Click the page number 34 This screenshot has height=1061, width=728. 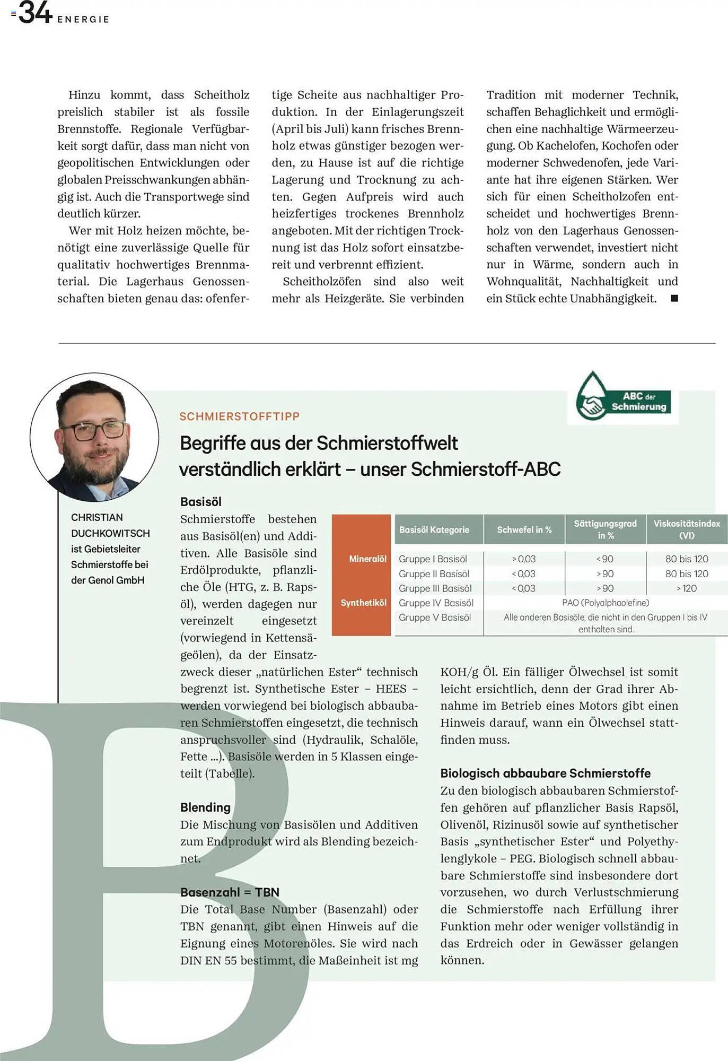point(35,13)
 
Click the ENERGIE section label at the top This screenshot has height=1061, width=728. point(83,20)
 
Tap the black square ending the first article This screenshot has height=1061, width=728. point(674,298)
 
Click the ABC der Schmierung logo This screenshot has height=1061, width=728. point(622,399)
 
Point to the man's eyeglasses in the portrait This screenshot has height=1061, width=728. point(94,430)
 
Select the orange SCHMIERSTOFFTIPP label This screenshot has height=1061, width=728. point(239,416)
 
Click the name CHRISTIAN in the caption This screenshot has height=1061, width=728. point(97,517)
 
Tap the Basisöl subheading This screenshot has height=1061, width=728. point(200,501)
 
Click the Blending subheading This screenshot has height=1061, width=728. point(205,807)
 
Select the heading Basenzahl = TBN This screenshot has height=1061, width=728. point(230,892)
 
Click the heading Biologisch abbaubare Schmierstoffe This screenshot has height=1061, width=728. point(545,773)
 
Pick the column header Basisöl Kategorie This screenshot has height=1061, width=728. point(434,529)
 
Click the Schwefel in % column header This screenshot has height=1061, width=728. point(524,529)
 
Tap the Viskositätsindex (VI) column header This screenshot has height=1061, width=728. point(687,529)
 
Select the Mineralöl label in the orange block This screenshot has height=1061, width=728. point(367,559)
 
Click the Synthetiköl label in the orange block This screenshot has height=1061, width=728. point(363,603)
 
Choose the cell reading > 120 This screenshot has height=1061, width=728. point(686,588)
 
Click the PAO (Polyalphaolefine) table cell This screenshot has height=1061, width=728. point(605,603)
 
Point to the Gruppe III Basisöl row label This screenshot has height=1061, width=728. point(435,588)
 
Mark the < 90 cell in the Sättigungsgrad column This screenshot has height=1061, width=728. point(604,559)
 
